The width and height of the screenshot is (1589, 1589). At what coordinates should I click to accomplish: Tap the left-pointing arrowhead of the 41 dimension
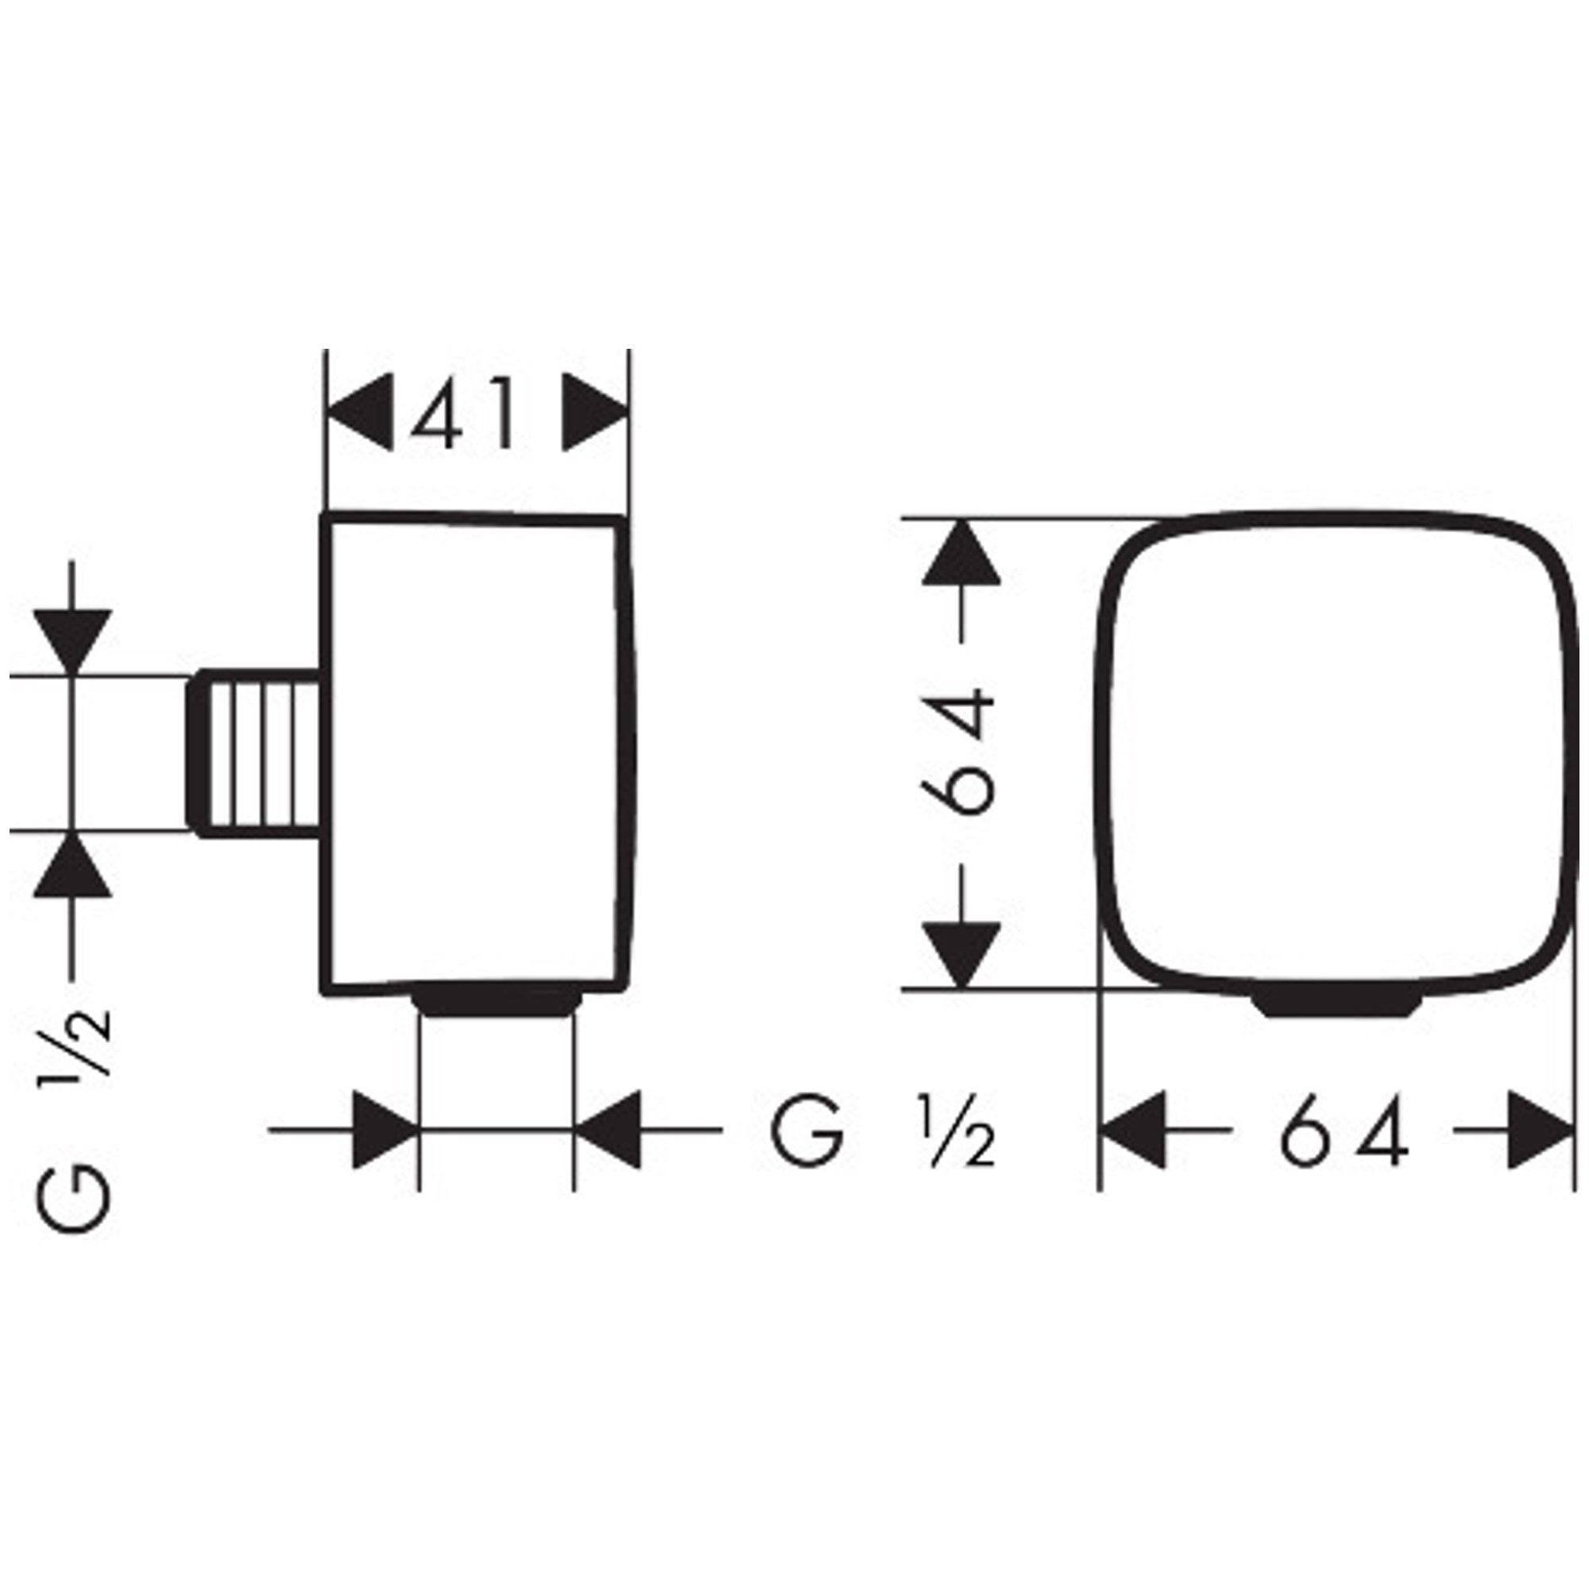(x=358, y=413)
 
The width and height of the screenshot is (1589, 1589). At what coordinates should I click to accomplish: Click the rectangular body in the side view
(x=477, y=754)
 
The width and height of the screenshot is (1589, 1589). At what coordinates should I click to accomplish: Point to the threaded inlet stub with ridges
(x=255, y=754)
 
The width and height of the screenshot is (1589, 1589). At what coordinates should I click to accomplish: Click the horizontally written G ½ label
(x=883, y=1128)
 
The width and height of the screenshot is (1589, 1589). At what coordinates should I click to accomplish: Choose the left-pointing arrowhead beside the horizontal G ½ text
(x=607, y=1130)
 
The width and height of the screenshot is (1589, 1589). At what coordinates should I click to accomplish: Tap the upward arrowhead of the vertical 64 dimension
(x=961, y=553)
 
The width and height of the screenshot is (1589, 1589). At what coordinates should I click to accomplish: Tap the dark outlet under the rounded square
(x=1337, y=1003)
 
